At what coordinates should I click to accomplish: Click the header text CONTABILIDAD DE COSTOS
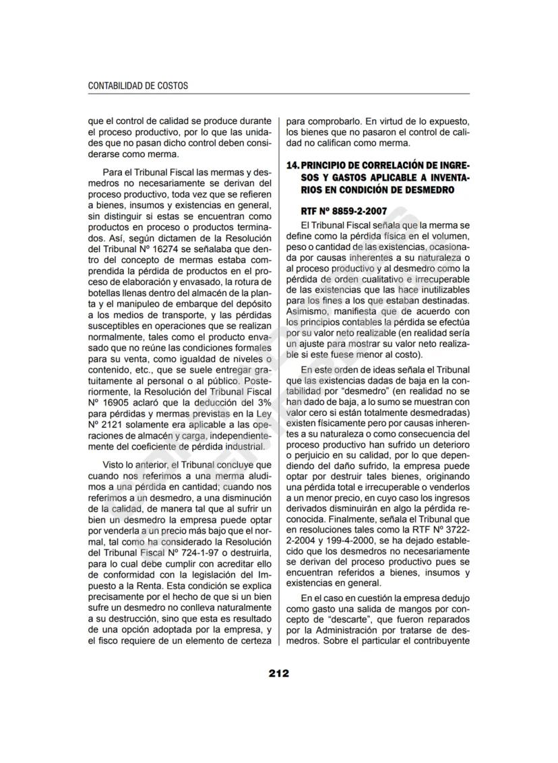(x=138, y=86)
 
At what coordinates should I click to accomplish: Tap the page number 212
(x=279, y=673)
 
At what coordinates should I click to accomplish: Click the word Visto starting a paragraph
(x=115, y=464)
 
